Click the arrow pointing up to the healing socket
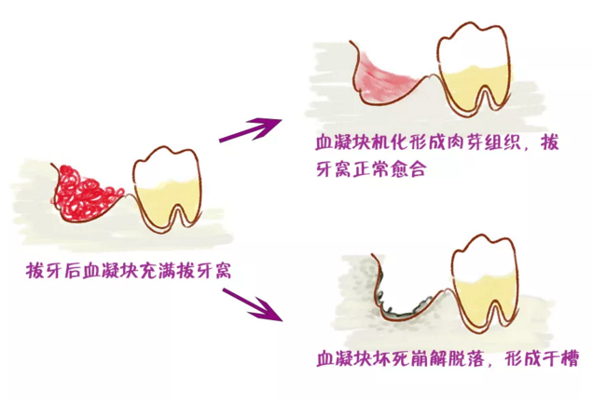[x=251, y=130]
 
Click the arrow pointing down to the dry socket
[x=253, y=304]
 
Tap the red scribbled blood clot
[x=85, y=194]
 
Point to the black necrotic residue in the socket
[x=407, y=309]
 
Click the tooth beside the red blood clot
[x=167, y=188]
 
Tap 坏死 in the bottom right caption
[x=392, y=358]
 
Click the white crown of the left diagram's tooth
[x=166, y=166]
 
